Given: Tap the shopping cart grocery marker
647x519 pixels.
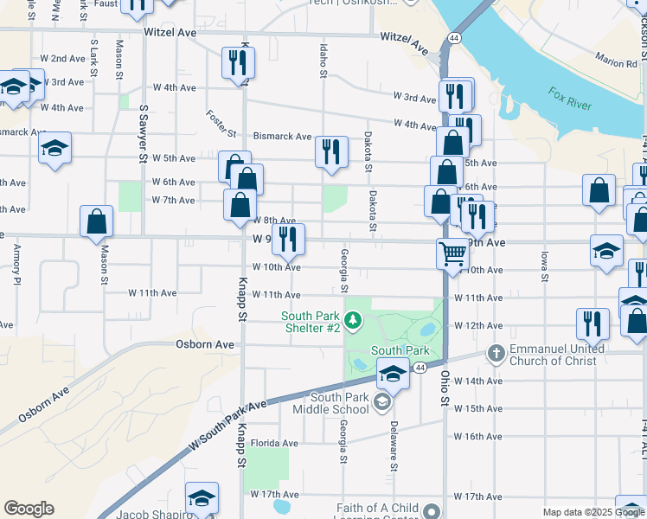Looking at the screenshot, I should tap(452, 253).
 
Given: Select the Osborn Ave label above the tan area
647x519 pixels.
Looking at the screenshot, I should tap(206, 344).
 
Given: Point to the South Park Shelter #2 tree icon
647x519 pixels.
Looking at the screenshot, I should tap(353, 322).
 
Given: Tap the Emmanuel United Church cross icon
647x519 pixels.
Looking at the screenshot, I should tap(496, 353).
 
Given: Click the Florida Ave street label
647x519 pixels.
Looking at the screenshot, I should tap(274, 443).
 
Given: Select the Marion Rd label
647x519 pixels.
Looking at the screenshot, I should tap(615, 59).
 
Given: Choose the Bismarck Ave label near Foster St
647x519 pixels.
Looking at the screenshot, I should tap(282, 137).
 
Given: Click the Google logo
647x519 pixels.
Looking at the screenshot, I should tap(29, 509).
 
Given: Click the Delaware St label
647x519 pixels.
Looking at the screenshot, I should tap(393, 446).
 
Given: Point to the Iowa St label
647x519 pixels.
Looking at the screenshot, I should tap(544, 266).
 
